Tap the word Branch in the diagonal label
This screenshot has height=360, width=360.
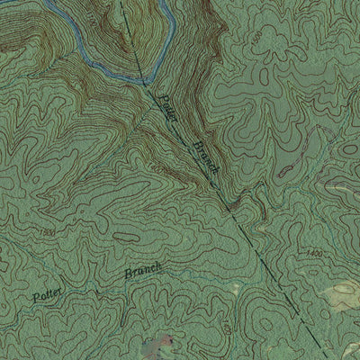click(x=203, y=158)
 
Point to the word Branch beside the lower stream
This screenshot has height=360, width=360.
click(x=143, y=271)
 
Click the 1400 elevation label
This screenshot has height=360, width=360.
click(x=313, y=256)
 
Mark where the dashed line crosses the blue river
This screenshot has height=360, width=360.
click(x=141, y=80)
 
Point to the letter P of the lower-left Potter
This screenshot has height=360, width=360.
click(x=32, y=296)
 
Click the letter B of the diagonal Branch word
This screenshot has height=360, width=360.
click(x=192, y=143)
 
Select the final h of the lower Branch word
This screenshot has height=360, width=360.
click(x=160, y=265)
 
